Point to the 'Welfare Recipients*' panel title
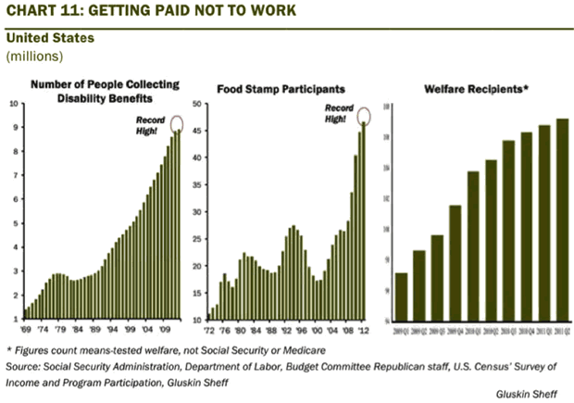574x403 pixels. (x=476, y=89)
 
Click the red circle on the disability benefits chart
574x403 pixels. (x=177, y=124)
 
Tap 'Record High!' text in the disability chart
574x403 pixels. (x=151, y=126)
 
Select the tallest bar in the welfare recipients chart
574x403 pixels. (x=562, y=218)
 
